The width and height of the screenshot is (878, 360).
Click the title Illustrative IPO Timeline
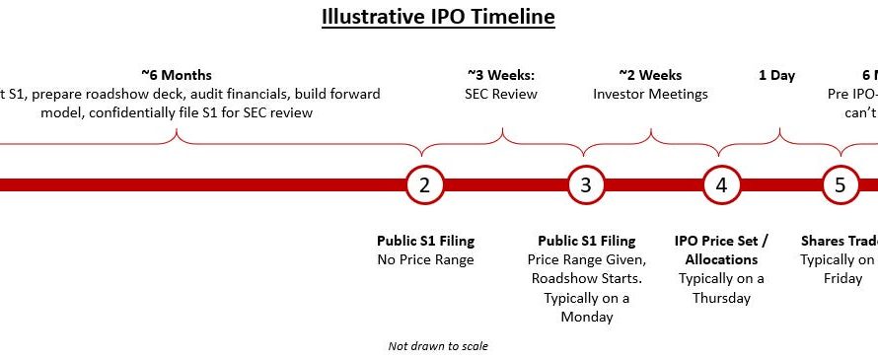tap(438, 17)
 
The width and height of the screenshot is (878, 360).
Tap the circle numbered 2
tap(424, 184)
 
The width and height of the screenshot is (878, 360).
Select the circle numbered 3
tap(586, 184)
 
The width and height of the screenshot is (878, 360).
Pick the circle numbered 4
tap(721, 184)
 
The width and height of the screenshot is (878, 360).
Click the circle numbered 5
tap(841, 184)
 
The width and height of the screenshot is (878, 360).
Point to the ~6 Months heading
tap(177, 75)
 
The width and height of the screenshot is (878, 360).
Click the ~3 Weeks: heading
tap(501, 75)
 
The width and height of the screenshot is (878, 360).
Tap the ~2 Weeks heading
tap(650, 75)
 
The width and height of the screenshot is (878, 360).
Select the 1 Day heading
tap(776, 75)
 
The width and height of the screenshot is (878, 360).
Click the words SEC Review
tap(501, 94)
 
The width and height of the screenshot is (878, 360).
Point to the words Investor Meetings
tap(650, 94)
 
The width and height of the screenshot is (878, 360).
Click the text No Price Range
tap(425, 259)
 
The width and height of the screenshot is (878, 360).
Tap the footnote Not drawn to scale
tap(438, 346)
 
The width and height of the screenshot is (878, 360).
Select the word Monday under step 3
tap(586, 317)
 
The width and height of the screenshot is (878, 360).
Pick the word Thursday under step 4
tap(721, 298)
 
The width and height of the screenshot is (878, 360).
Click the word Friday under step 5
tap(836, 278)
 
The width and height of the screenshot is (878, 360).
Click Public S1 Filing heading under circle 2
tap(425, 241)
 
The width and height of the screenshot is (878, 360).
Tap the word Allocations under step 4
tap(721, 259)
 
